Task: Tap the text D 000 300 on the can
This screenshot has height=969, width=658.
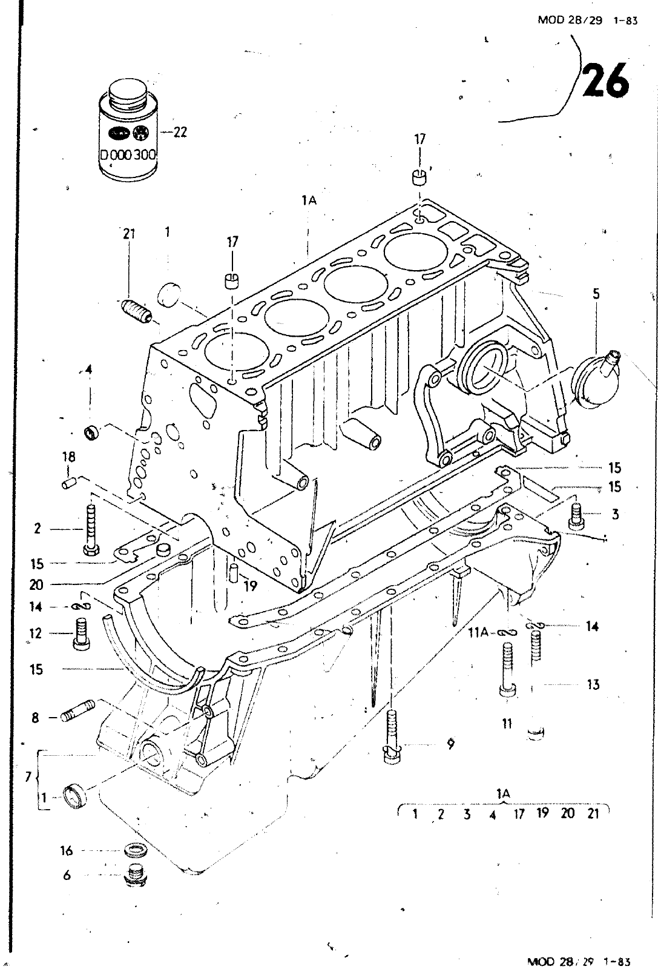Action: pos(128,154)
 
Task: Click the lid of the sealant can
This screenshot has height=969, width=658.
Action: pos(128,92)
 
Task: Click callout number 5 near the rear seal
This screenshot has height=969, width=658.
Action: pos(596,294)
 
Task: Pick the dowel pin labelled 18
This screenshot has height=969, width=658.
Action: pos(68,483)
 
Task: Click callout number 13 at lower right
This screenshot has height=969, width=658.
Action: pos(593,684)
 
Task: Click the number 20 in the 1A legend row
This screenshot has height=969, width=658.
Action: pos(567,813)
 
